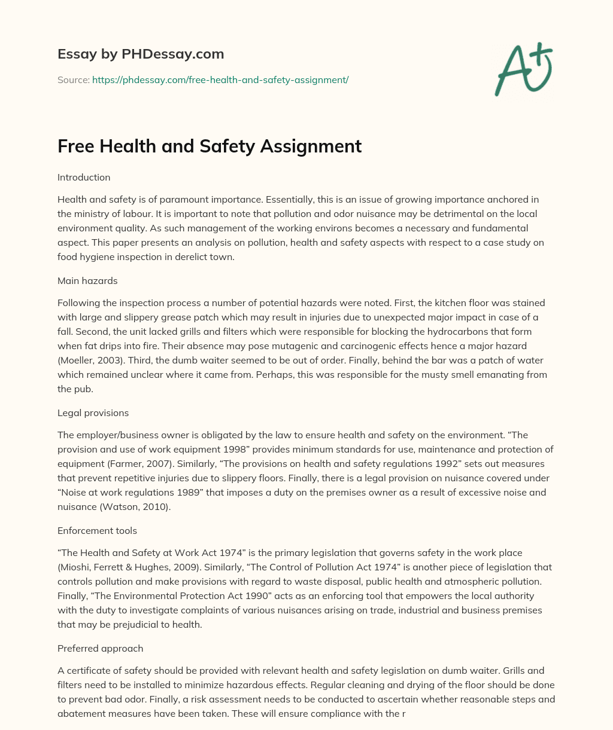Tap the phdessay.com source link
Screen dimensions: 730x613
[220, 80]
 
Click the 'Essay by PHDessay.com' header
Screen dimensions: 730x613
[141, 54]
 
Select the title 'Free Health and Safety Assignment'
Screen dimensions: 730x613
[210, 146]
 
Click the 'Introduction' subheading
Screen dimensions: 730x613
[84, 178]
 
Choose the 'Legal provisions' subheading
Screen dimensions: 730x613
[93, 413]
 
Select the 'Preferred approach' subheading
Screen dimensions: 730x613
[100, 649]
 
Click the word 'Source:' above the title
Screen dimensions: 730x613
[73, 80]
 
